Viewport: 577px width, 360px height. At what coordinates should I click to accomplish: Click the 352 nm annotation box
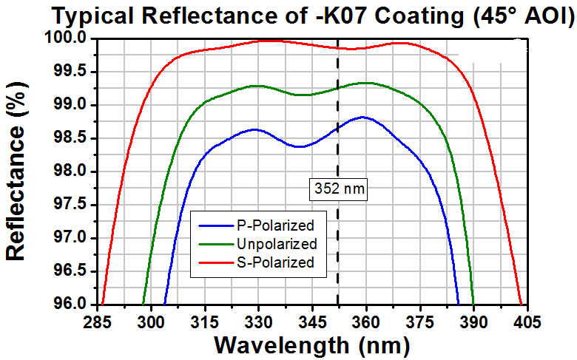(x=338, y=189)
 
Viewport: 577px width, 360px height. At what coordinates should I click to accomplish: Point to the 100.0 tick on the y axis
(x=72, y=38)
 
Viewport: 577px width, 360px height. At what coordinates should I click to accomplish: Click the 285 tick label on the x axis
(x=97, y=322)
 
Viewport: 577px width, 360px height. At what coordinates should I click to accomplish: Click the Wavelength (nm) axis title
(x=311, y=344)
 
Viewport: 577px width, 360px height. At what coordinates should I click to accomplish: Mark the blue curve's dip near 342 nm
(x=300, y=146)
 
